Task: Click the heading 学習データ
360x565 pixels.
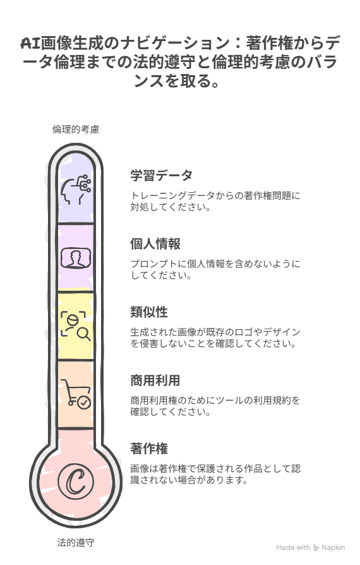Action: pyautogui.click(x=161, y=176)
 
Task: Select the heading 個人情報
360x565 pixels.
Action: pyautogui.click(x=155, y=244)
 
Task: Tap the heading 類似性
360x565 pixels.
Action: pyautogui.click(x=149, y=312)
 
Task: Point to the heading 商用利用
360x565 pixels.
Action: pyautogui.click(x=155, y=380)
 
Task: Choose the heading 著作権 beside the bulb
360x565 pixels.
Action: pyautogui.click(x=149, y=449)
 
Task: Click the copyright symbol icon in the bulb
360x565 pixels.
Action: pyautogui.click(x=76, y=482)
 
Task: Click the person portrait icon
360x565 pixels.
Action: pyautogui.click(x=76, y=258)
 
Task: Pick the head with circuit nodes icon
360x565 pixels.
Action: pyautogui.click(x=76, y=190)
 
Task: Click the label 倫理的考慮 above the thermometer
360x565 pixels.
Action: pyautogui.click(x=76, y=130)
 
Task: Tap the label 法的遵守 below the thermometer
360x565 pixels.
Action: pyautogui.click(x=76, y=542)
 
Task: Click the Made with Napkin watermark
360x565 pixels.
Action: pyautogui.click(x=310, y=548)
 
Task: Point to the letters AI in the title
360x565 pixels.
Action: pyautogui.click(x=30, y=44)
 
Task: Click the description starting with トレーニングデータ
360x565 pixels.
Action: pyautogui.click(x=215, y=202)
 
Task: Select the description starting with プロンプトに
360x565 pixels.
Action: pyautogui.click(x=215, y=269)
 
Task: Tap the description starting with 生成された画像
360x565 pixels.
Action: pyautogui.click(x=215, y=337)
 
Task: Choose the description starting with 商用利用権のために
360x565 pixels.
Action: pyautogui.click(x=215, y=406)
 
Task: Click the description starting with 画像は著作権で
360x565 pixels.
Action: pyautogui.click(x=215, y=474)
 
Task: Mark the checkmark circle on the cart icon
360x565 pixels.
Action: pyautogui.click(x=85, y=402)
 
